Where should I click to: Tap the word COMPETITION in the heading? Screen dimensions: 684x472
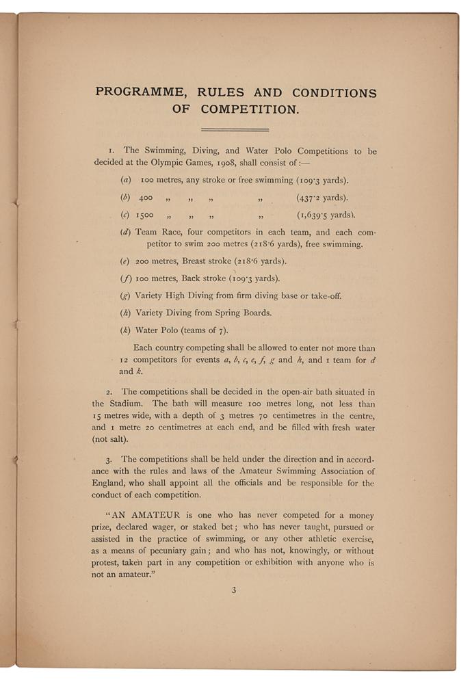pyautogui.click(x=254, y=109)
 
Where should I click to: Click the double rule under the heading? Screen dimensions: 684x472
pyautogui.click(x=235, y=129)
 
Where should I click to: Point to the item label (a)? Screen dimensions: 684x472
pyautogui.click(x=126, y=181)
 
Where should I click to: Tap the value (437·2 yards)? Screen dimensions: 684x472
pyautogui.click(x=321, y=198)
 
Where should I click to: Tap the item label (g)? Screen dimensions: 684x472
pyautogui.click(x=126, y=296)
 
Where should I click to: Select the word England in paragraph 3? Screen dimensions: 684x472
pyautogui.click(x=114, y=484)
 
